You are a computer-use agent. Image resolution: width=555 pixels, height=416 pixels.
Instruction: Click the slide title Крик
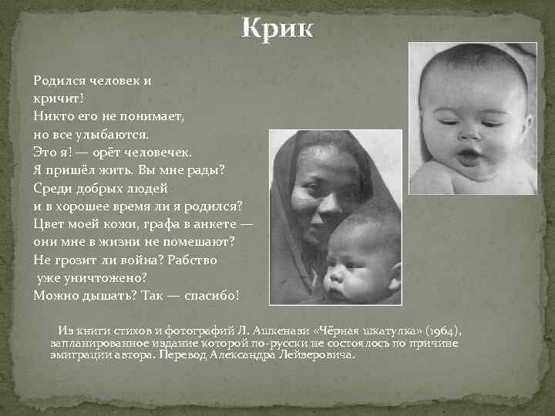coord(277,29)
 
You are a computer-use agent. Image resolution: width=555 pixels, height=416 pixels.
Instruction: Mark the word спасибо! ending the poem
coord(217,296)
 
